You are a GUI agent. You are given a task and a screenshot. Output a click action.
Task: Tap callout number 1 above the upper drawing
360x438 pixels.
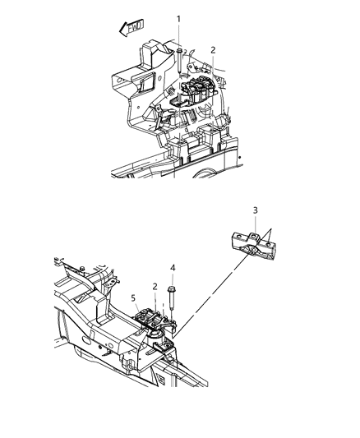178,18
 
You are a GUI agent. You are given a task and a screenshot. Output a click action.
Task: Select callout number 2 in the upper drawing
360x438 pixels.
212,50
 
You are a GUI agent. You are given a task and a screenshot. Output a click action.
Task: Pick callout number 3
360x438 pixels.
256,211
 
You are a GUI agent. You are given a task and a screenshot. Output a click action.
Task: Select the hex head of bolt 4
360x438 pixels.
172,290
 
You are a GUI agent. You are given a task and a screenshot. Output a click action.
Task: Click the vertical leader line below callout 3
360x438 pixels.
256,226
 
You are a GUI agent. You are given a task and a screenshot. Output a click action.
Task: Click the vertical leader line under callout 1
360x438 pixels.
178,35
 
